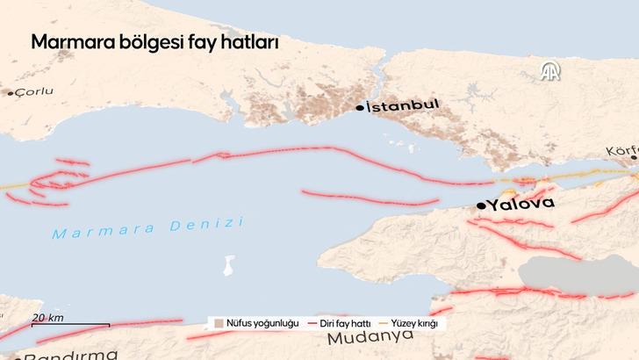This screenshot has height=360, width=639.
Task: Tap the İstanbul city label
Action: coord(402,106)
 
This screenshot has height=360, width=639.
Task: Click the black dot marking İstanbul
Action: coord(360,107)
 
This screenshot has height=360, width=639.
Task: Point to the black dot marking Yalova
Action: coord(481,205)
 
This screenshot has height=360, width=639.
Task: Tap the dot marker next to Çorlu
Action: coord(11,92)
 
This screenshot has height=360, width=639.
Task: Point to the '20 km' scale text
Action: coord(48,317)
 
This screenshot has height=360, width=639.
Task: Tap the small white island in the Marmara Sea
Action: coord(230,264)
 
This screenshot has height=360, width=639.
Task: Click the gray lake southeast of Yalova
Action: coord(562,276)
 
